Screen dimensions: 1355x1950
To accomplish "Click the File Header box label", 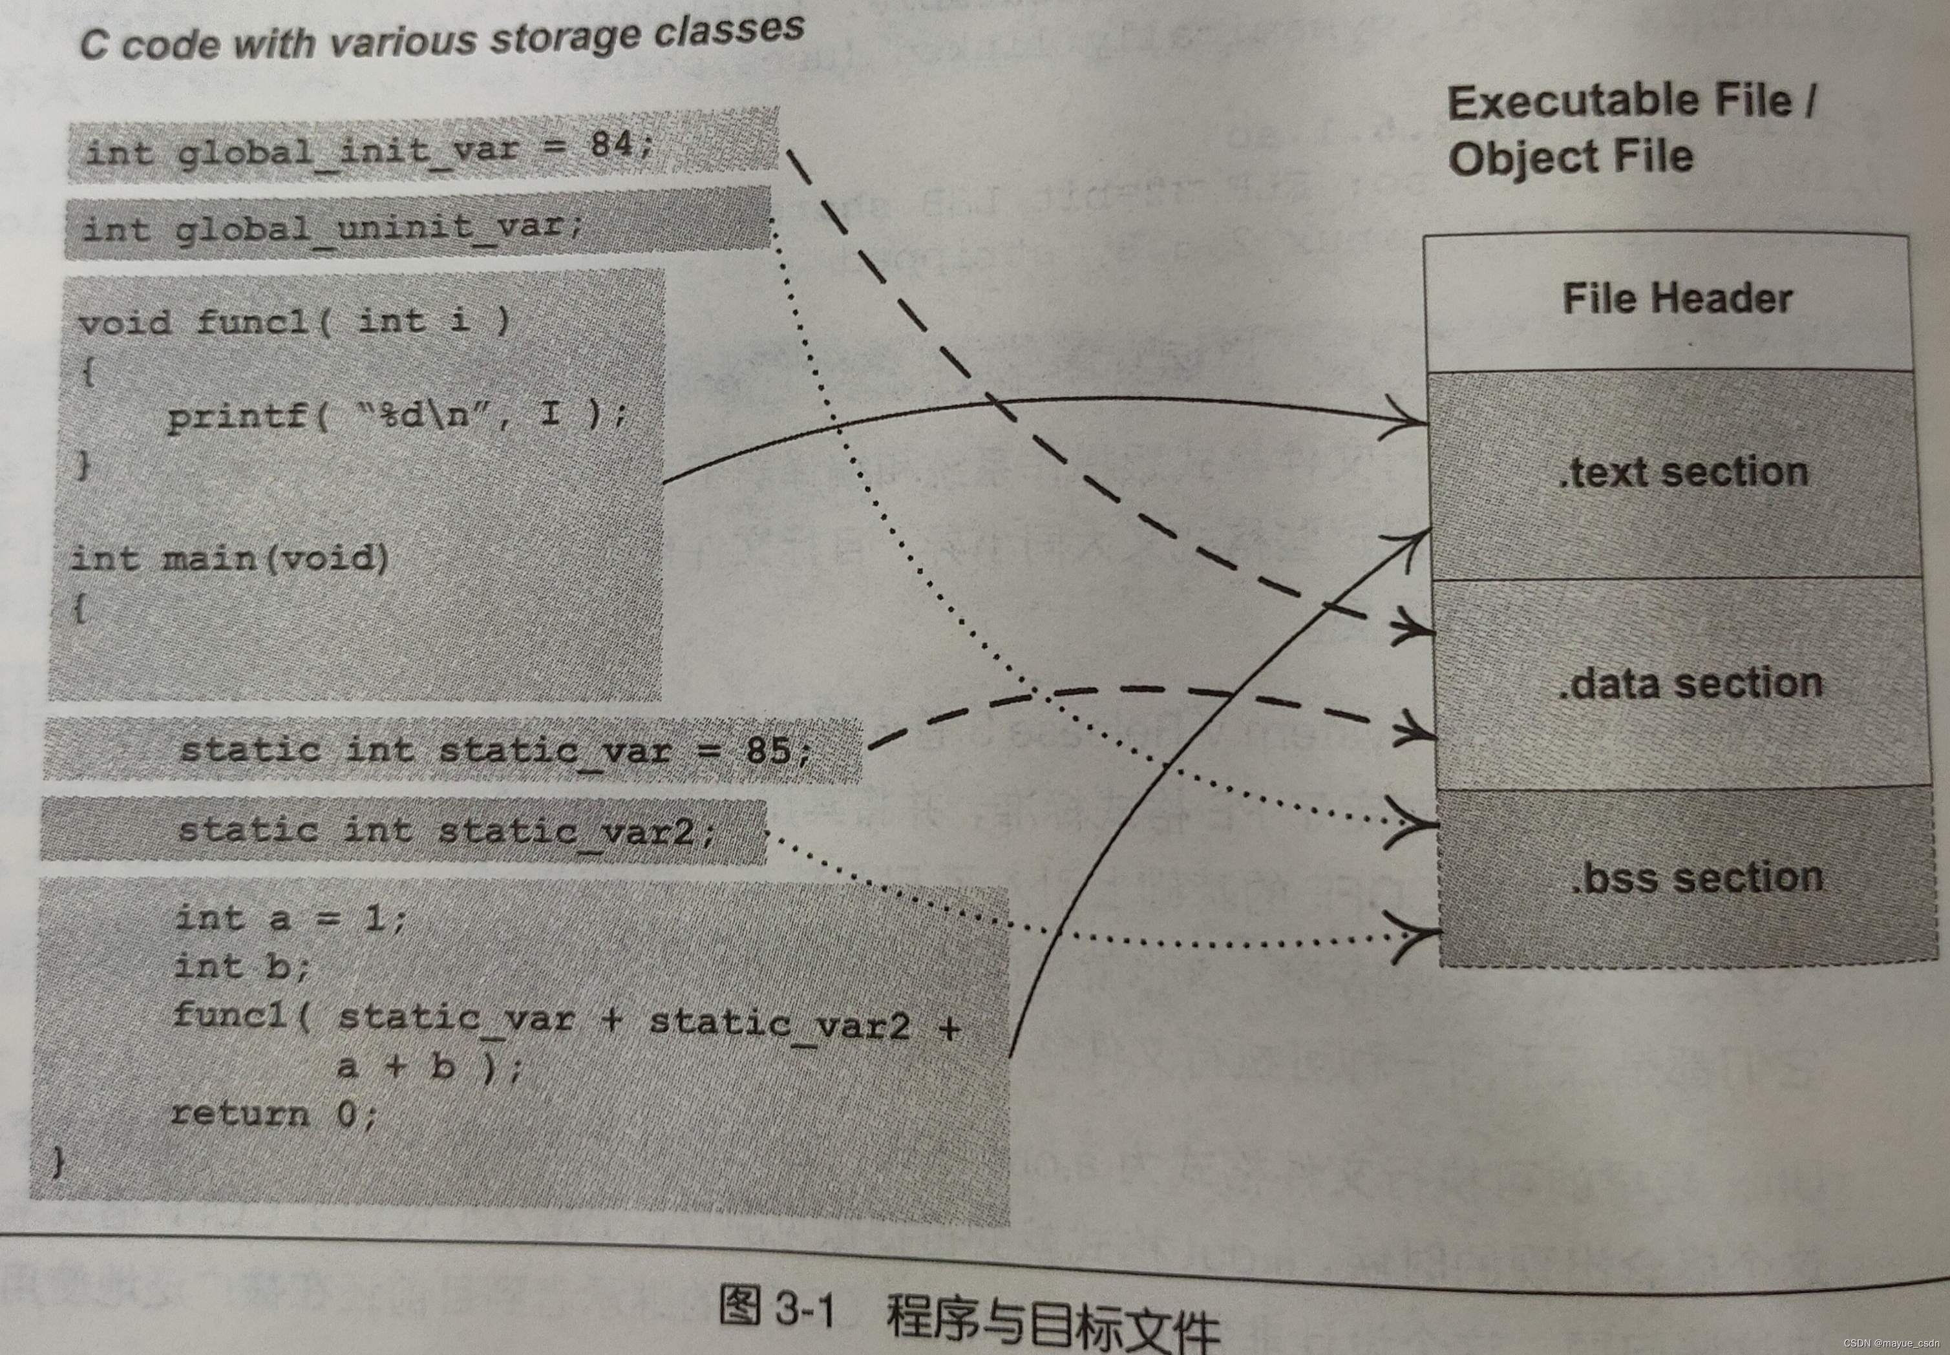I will [x=1677, y=299].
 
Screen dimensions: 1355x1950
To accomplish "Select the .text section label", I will [x=1682, y=472].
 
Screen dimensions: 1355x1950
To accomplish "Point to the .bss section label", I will [x=1696, y=877].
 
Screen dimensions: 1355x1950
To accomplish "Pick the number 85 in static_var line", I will [x=768, y=750].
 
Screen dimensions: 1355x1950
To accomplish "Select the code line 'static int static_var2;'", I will [x=447, y=830].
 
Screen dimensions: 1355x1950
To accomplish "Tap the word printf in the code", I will [x=238, y=416].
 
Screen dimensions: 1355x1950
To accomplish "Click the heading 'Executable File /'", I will [x=1631, y=102].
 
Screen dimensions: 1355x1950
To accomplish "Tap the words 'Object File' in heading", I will [x=1571, y=158].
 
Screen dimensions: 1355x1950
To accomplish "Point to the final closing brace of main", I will [x=57, y=1161].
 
